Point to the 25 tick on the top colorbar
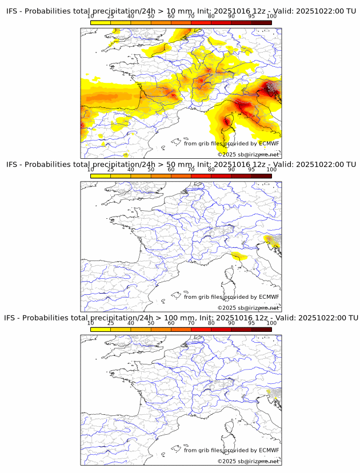pos(111,21)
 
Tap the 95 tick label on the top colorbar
pos(251,16)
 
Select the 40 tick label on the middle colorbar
pos(131,169)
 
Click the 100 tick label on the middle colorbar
pos(271,169)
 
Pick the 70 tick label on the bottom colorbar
pos(191,323)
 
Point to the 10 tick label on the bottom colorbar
pos(91,323)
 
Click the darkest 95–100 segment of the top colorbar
pos(261,22)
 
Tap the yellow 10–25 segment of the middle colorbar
pos(101,175)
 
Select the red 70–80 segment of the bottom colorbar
pos(201,329)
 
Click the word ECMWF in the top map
pos(269,143)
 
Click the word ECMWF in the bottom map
pos(269,450)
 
